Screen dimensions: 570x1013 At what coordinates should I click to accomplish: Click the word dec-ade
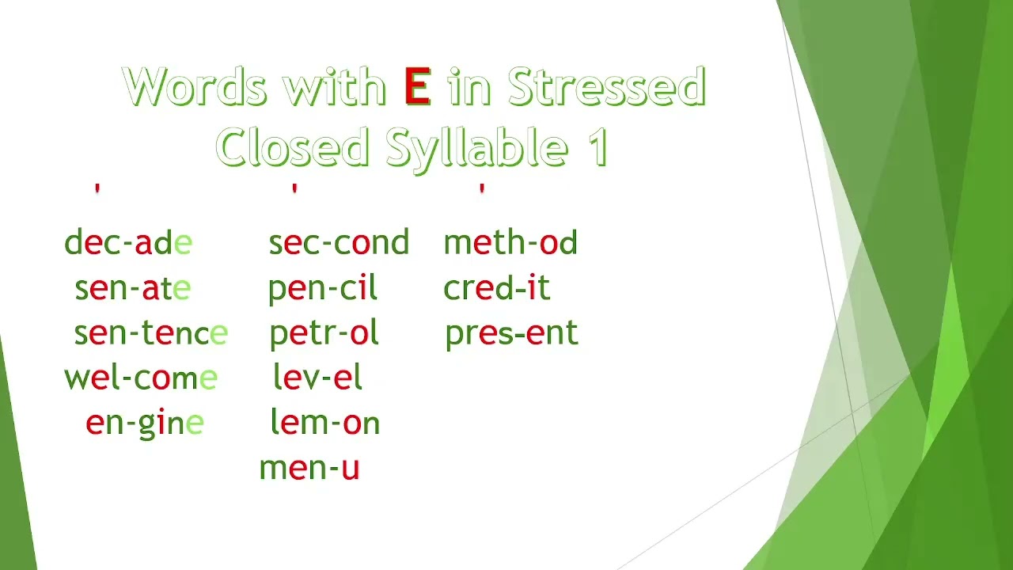pyautogui.click(x=128, y=243)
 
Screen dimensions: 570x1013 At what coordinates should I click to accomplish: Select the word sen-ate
pyautogui.click(x=132, y=288)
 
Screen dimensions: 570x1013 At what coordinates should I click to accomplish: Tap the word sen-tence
pyautogui.click(x=150, y=333)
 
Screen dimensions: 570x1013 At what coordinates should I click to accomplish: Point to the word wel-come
pyautogui.click(x=141, y=378)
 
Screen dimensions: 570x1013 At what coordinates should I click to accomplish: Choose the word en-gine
pyautogui.click(x=145, y=423)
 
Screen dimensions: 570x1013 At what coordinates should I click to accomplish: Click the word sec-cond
pyautogui.click(x=339, y=243)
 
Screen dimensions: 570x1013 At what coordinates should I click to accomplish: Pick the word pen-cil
pyautogui.click(x=323, y=289)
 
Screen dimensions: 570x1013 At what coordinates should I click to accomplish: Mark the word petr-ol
pyautogui.click(x=324, y=334)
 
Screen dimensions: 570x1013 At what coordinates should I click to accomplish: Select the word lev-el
pyautogui.click(x=317, y=378)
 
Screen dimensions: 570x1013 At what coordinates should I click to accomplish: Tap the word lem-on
pyautogui.click(x=325, y=423)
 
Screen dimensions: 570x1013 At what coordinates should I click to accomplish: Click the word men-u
pyautogui.click(x=309, y=468)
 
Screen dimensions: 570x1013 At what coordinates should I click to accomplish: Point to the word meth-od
pyautogui.click(x=510, y=243)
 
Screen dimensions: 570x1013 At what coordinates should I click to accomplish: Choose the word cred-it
pyautogui.click(x=497, y=288)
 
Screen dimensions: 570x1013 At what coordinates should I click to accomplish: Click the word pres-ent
pyautogui.click(x=511, y=334)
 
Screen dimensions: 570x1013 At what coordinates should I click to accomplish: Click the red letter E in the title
pyautogui.click(x=417, y=87)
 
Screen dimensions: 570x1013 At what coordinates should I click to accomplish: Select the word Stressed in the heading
pyautogui.click(x=606, y=87)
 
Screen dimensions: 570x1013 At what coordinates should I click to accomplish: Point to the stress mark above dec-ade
pyautogui.click(x=97, y=189)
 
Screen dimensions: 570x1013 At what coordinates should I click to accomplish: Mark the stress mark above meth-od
pyautogui.click(x=481, y=189)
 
